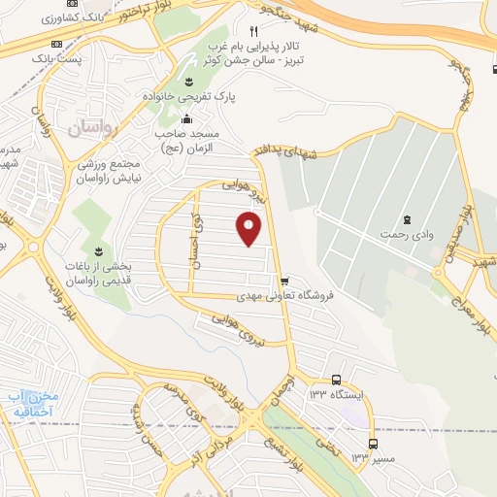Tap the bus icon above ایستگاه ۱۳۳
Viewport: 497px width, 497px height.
tap(336, 380)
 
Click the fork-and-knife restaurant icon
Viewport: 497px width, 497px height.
tap(254, 30)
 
